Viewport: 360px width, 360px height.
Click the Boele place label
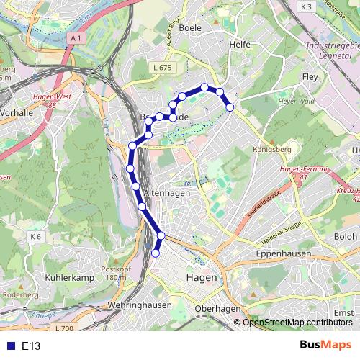tap(194, 27)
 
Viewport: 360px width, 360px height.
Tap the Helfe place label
tap(239, 45)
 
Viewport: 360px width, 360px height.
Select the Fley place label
tap(310, 76)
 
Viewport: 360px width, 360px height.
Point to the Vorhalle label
tap(17, 113)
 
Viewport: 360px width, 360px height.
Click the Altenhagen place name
tap(166, 194)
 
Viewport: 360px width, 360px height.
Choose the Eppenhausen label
tap(283, 254)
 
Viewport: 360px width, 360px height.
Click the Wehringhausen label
tap(140, 305)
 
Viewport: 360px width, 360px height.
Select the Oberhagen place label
tap(217, 309)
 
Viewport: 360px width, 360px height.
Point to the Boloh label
tap(346, 236)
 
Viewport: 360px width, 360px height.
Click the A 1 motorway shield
tap(77, 37)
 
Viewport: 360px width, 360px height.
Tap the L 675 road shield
tap(163, 67)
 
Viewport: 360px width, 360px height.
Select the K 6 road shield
tap(37, 236)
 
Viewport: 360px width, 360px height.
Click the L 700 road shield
tap(64, 329)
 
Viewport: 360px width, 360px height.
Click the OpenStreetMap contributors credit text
tap(297, 323)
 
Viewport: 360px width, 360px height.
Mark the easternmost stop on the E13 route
tap(230, 107)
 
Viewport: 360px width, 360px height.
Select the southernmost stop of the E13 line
tap(156, 253)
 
